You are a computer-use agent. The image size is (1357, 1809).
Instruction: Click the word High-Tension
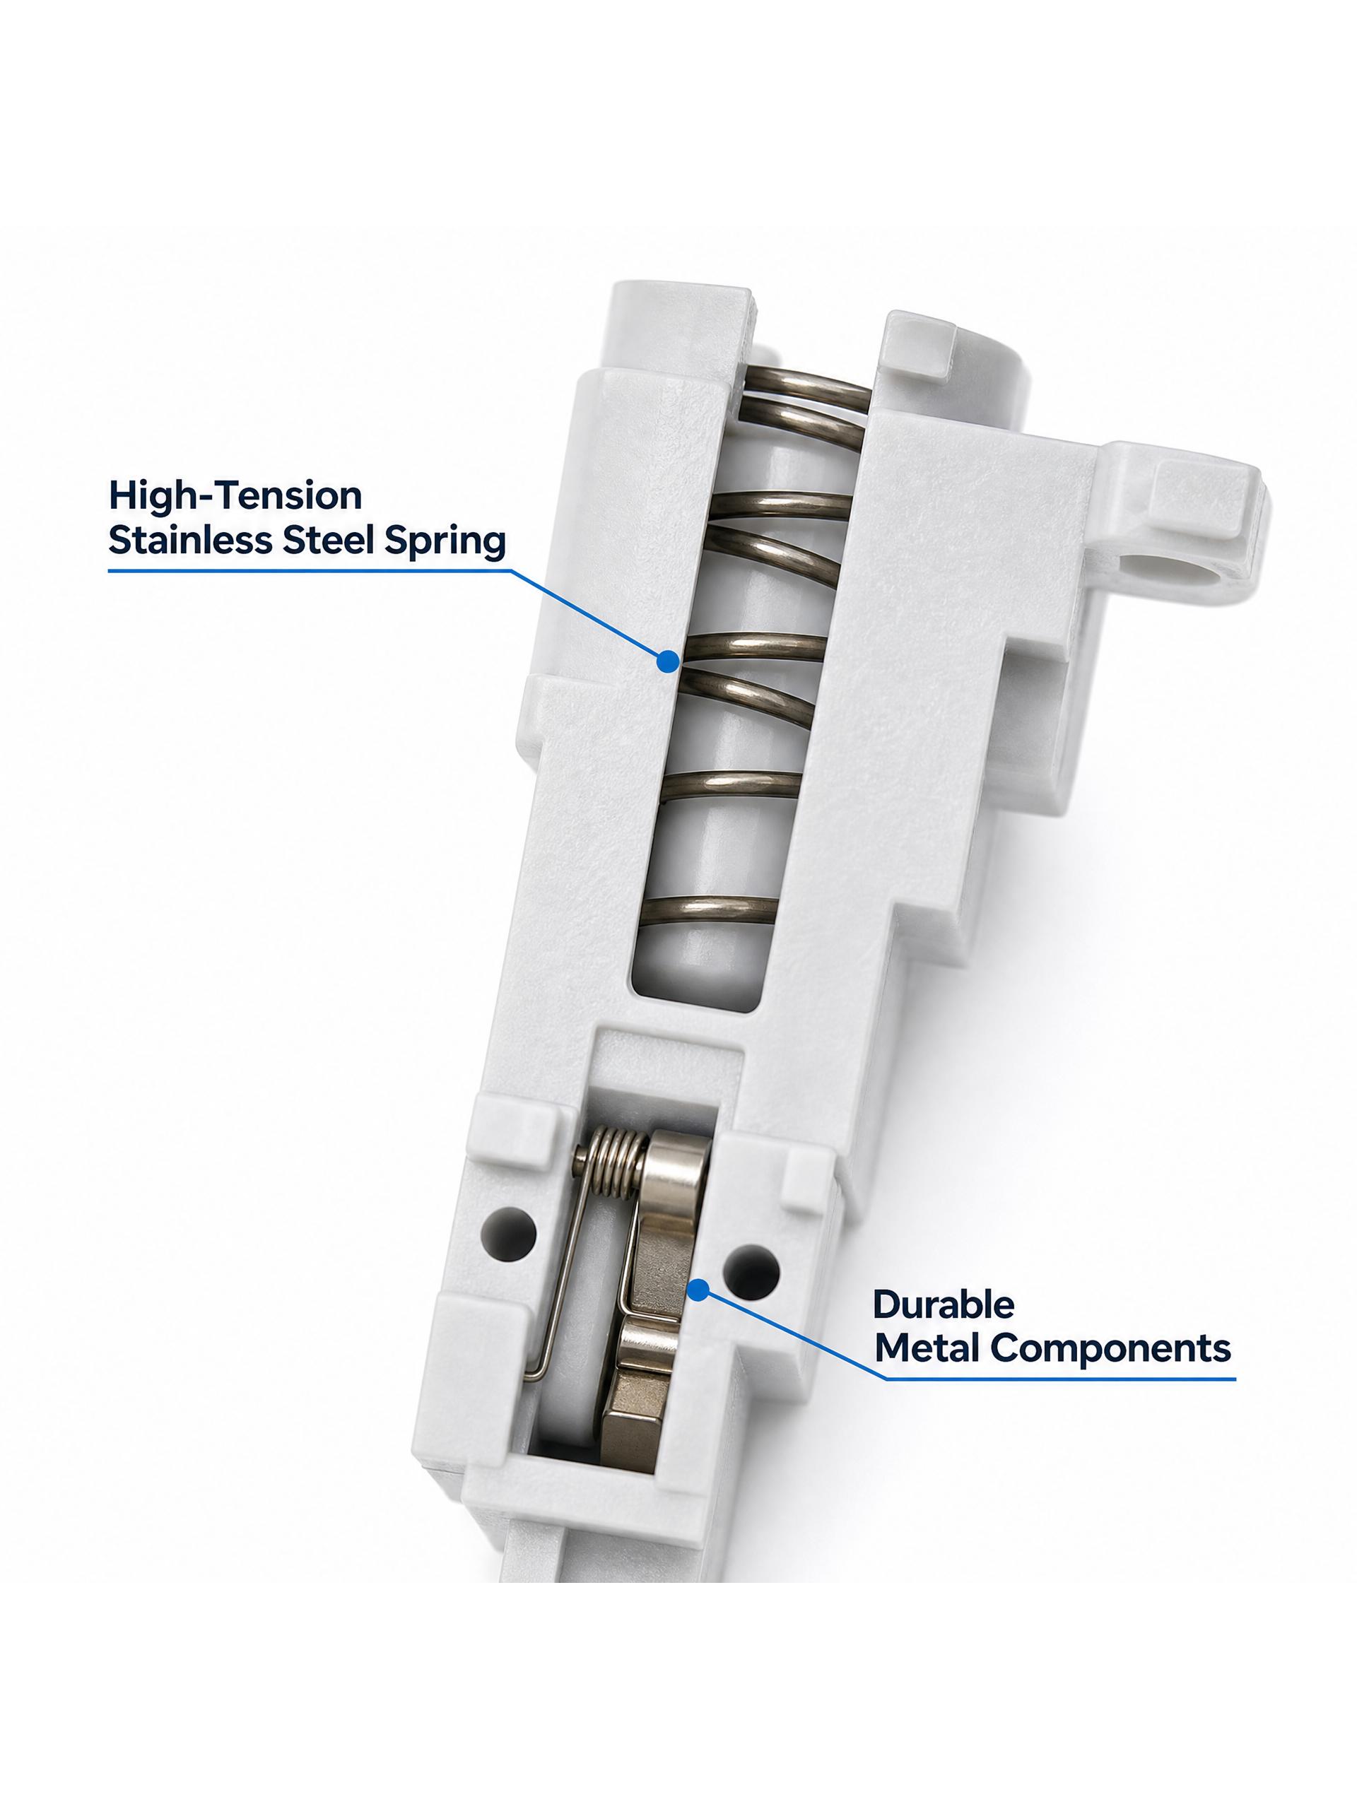235,495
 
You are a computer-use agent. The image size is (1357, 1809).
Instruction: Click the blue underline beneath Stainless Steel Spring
309,571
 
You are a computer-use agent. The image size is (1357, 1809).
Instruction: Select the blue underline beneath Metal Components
1060,1379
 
